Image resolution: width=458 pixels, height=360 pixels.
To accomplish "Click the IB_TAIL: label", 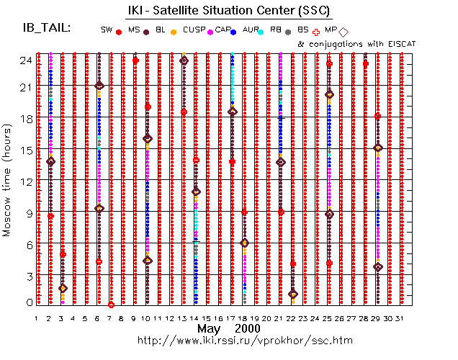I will [47, 28].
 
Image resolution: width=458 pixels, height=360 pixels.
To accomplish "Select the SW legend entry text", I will [107, 30].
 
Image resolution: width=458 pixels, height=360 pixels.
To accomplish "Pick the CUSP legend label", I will [194, 30].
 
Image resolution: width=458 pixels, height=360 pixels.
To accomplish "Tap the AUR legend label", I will [251, 30].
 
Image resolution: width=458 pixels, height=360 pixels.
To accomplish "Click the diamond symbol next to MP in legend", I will [343, 32].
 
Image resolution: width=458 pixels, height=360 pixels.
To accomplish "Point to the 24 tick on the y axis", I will [25, 60].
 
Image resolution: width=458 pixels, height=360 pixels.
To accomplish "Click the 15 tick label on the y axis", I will [25, 150].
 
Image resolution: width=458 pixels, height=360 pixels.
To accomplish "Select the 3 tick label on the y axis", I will [27, 276].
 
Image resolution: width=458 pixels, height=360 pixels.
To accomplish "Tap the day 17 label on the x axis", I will [231, 318].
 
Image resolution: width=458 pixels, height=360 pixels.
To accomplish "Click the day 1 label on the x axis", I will [37, 318].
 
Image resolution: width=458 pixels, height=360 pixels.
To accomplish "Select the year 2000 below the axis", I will [246, 328].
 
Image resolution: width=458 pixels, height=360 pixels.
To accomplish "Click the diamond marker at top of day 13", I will [184, 60].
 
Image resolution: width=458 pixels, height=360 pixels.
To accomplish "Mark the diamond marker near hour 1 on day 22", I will [292, 294].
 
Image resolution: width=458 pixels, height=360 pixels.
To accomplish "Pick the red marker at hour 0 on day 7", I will [111, 305].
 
